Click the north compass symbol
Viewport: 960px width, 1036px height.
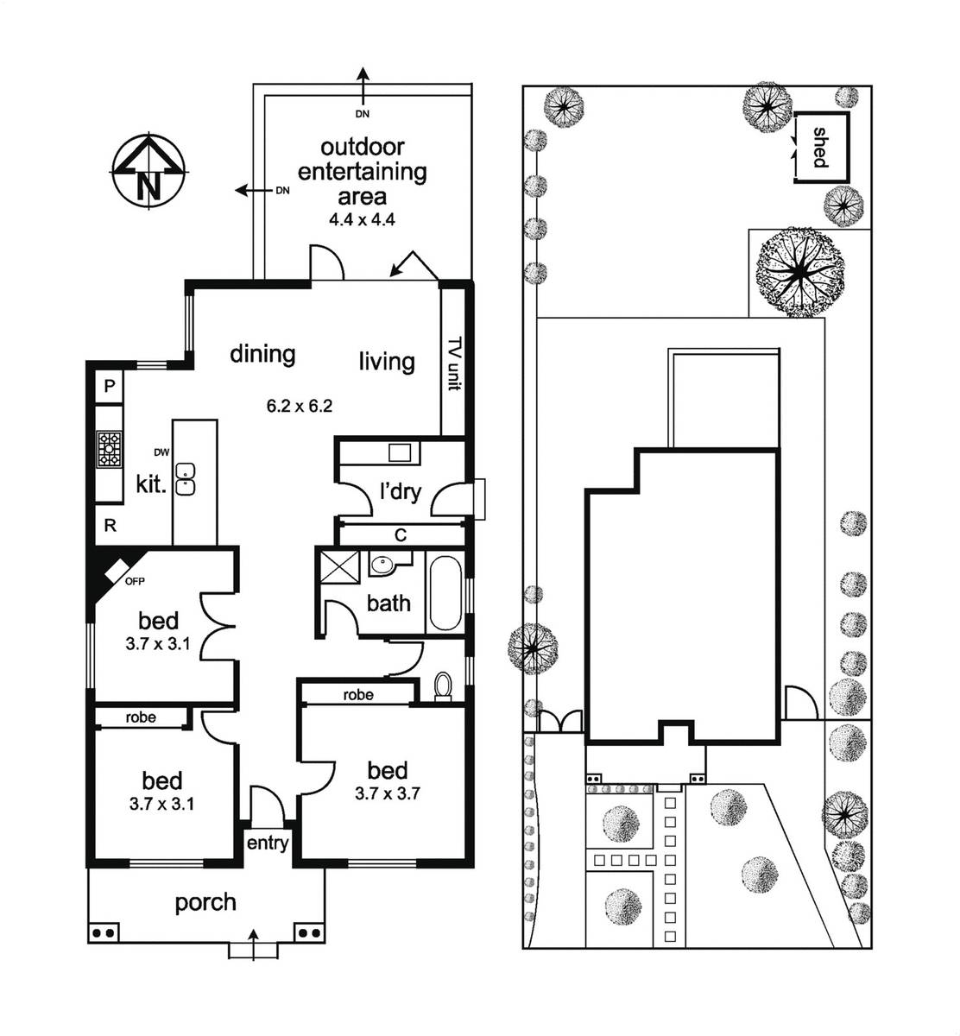[149, 172]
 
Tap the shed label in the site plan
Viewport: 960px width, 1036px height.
[821, 148]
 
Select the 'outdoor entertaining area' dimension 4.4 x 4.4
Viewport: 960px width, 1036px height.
[362, 219]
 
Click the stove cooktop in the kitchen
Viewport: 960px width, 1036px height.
[109, 448]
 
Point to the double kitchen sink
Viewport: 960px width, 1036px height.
[186, 479]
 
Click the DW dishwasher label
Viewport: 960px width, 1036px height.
[161, 452]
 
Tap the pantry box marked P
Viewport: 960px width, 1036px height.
[109, 387]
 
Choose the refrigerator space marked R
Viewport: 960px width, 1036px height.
[111, 526]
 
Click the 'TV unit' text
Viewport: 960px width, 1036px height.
[455, 363]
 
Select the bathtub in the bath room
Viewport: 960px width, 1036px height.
[445, 593]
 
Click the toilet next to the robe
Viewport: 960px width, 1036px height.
[442, 685]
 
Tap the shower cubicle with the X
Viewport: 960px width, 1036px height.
[339, 566]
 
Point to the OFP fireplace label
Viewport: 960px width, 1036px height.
[135, 581]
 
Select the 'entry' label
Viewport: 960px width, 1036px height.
[268, 843]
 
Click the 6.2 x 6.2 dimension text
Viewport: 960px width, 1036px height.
[299, 406]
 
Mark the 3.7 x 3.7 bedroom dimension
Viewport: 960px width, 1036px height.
[388, 794]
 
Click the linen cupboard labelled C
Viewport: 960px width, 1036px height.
[401, 535]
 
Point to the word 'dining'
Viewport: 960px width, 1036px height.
[262, 354]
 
